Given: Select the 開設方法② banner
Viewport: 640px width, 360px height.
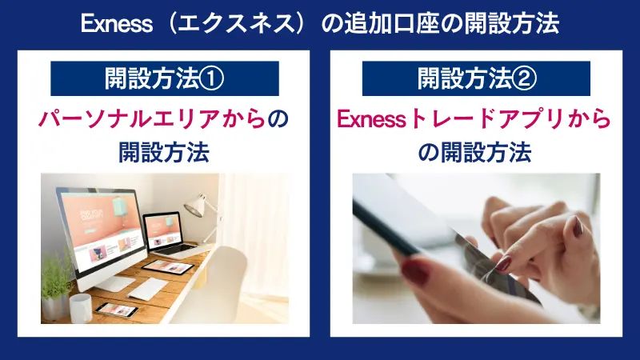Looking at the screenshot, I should click(x=476, y=78).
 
